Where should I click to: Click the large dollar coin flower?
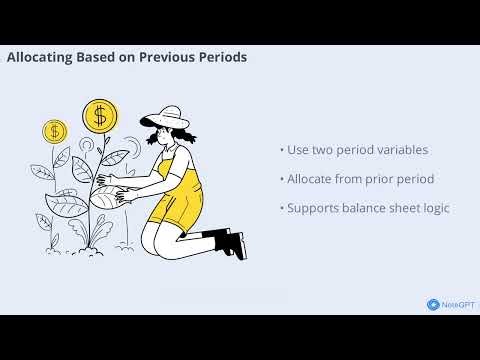pos(99,115)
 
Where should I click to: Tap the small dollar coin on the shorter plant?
pos(54,130)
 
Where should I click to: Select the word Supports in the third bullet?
pos(314,208)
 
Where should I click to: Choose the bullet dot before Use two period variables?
pos(281,150)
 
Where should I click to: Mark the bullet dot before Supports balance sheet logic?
pos(281,208)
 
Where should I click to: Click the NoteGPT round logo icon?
pos(433,304)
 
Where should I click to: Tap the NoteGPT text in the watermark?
pos(456,304)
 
